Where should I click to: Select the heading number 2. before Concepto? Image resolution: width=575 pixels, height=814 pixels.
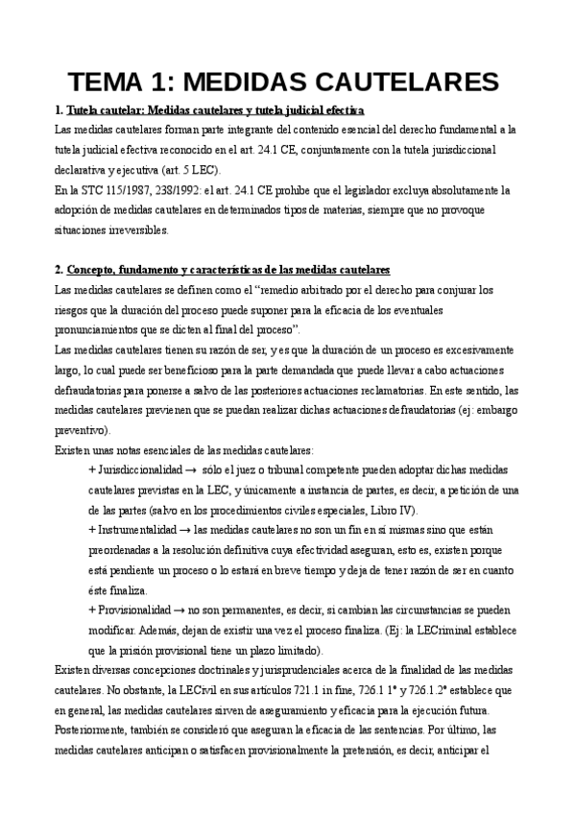point(60,269)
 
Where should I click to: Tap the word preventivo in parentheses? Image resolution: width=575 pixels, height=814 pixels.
point(84,430)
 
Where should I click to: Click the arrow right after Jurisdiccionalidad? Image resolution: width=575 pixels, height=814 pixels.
point(192,470)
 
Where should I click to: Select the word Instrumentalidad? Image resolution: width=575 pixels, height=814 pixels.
point(136,531)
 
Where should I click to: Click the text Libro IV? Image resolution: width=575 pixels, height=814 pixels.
point(397,511)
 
